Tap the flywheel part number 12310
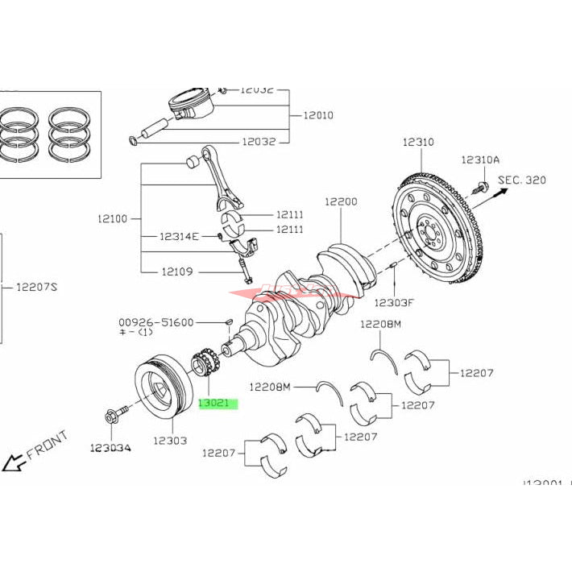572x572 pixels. coord(418,142)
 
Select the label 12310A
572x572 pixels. coord(480,160)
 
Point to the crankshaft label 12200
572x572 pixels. coord(341,201)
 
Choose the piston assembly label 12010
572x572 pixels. coord(318,115)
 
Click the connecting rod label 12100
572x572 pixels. coord(113,218)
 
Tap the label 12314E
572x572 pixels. coord(179,236)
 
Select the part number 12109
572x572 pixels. coord(176,271)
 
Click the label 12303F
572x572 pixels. coord(394,302)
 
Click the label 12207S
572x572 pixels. coord(38,286)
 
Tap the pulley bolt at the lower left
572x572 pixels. coord(112,417)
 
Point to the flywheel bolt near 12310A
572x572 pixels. coord(480,189)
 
